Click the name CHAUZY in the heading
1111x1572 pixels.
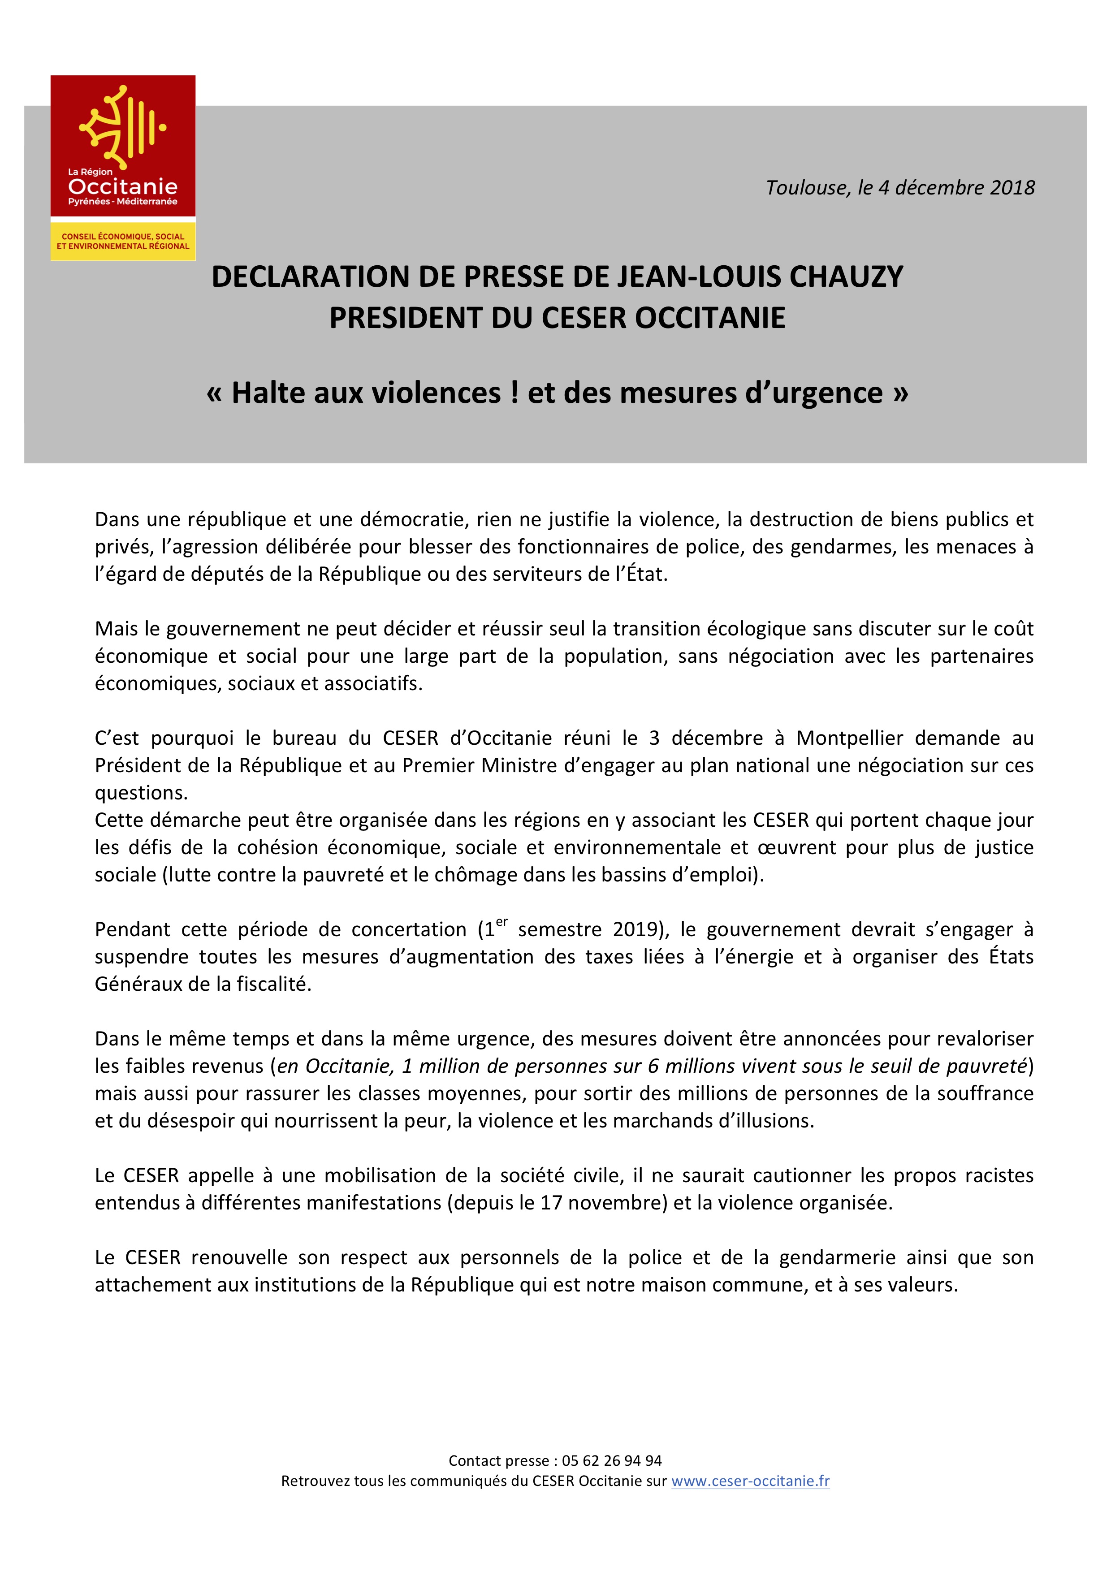[846, 276]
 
